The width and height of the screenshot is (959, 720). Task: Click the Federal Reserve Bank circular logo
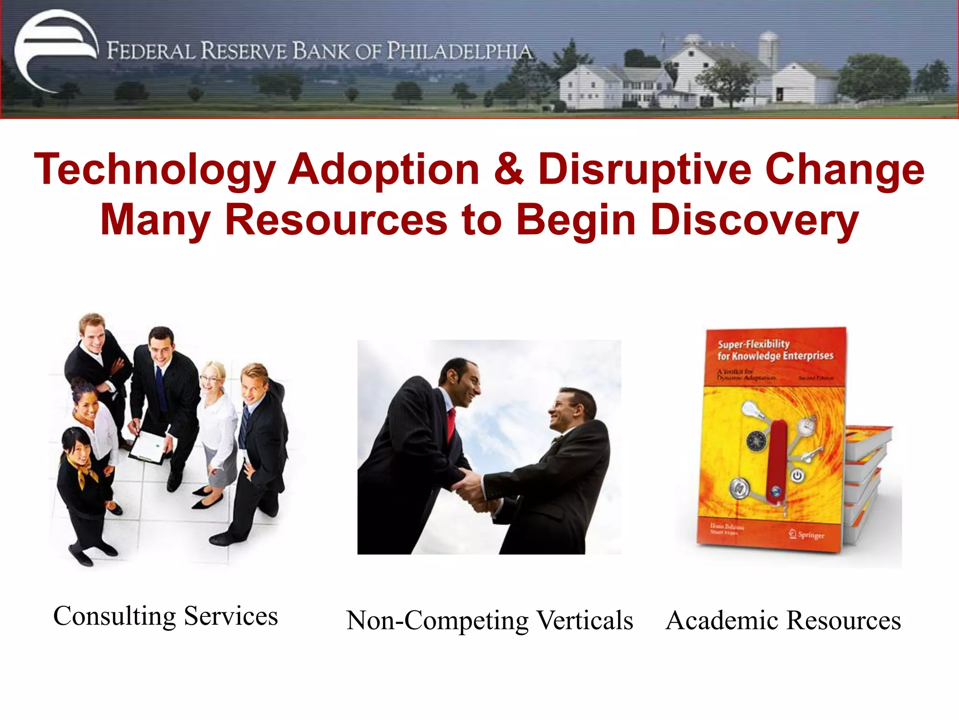click(x=55, y=51)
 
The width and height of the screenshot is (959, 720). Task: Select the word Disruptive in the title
click(x=644, y=169)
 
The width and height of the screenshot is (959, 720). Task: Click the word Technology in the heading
click(x=155, y=170)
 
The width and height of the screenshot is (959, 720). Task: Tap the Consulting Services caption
click(x=165, y=615)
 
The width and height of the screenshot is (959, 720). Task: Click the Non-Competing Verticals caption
click(x=489, y=620)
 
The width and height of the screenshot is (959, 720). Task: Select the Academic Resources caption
click(x=783, y=620)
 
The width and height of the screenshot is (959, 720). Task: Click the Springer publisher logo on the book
click(x=806, y=534)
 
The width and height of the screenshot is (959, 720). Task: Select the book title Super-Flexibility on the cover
click(x=753, y=344)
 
